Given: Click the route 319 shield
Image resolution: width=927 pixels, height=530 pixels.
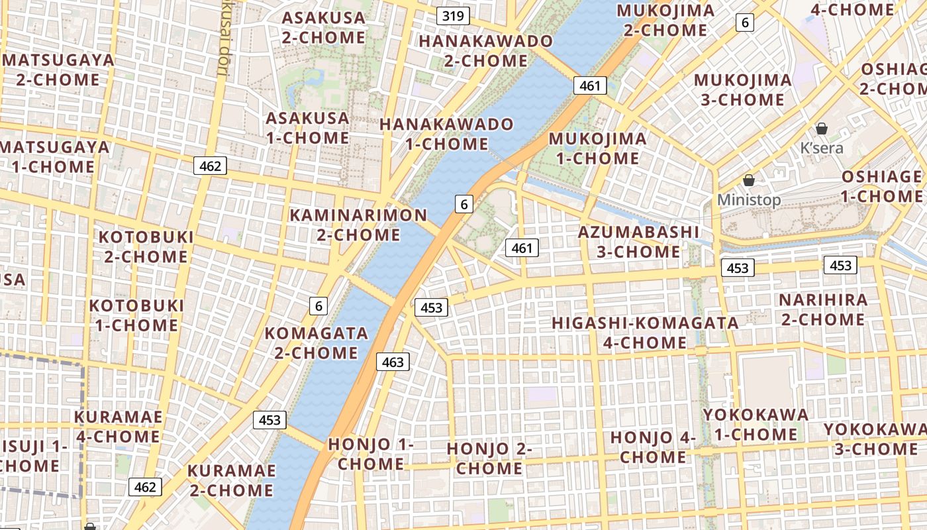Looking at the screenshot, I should tap(453, 16).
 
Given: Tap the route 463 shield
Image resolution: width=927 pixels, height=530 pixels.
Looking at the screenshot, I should tap(393, 362).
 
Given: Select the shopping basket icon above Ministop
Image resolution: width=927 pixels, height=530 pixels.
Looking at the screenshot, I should tap(749, 180).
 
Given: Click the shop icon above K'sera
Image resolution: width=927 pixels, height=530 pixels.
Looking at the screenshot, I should tap(822, 129).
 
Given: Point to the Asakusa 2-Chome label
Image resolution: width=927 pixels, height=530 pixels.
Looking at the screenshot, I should tap(323, 27).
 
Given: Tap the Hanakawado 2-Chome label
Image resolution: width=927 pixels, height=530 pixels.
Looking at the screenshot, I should tap(485, 51).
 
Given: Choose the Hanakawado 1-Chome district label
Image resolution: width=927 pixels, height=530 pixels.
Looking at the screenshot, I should tap(446, 134).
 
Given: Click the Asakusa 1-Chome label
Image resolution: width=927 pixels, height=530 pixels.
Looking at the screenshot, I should tap(307, 128).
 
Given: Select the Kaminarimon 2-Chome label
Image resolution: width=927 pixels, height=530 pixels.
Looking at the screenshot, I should tap(358, 225).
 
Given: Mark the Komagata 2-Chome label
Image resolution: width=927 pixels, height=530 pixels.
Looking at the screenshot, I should tap(316, 343).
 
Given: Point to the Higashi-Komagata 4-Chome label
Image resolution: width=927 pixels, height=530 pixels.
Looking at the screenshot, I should tap(646, 333).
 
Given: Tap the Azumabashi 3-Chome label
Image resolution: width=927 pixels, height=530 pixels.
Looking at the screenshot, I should tap(638, 242).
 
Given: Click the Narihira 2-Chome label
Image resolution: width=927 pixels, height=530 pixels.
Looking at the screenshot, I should tap(822, 309).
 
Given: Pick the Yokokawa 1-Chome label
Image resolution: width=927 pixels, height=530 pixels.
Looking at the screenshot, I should tap(756, 425).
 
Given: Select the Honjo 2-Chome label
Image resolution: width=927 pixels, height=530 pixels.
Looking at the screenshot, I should tap(489, 458).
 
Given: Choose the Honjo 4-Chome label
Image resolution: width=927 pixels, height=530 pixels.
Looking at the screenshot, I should tap(653, 447).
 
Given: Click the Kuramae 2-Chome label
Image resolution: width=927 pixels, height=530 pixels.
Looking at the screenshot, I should tap(231, 480).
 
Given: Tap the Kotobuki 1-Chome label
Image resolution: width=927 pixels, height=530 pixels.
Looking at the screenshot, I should tap(136, 315).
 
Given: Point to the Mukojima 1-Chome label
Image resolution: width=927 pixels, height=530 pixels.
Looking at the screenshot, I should tap(597, 148).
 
